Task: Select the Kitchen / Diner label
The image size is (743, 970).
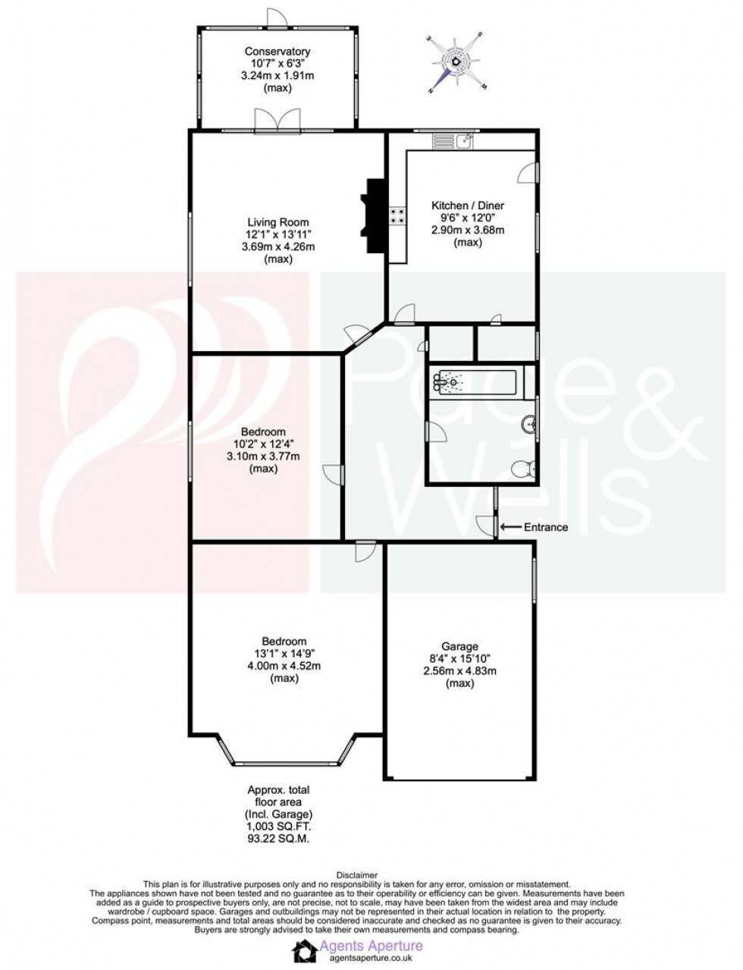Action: click(468, 206)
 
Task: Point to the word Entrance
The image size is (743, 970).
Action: click(545, 527)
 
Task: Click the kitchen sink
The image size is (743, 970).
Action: click(463, 140)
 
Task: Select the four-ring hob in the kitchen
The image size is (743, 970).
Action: click(397, 216)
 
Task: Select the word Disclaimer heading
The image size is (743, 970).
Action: click(371, 875)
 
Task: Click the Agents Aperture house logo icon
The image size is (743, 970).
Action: click(305, 952)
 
